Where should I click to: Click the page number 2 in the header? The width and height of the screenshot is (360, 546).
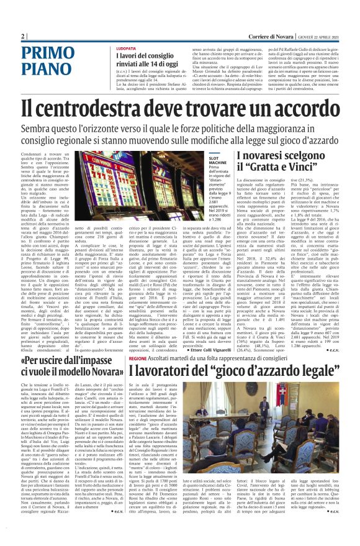[x=23, y=37]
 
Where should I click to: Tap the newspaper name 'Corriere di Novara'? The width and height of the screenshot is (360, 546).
[x=256, y=37]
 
